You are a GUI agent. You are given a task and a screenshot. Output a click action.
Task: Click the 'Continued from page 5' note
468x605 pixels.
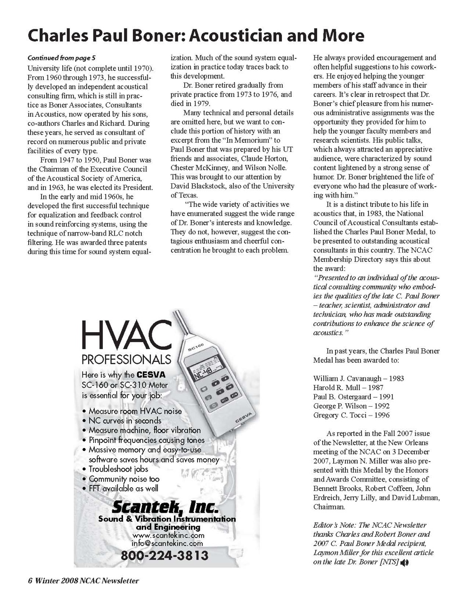click(x=61, y=58)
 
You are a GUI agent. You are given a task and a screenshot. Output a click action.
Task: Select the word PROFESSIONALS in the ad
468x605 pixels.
click(x=126, y=360)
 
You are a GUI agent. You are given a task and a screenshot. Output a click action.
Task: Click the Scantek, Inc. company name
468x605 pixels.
click(x=165, y=507)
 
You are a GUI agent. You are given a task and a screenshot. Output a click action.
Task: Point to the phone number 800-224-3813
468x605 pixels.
click(x=164, y=556)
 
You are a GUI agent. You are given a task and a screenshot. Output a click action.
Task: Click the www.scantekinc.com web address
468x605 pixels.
click(x=168, y=535)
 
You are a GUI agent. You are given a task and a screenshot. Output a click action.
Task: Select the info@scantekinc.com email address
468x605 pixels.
click(x=167, y=543)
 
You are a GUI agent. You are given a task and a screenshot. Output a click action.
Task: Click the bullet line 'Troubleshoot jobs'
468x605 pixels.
click(x=118, y=469)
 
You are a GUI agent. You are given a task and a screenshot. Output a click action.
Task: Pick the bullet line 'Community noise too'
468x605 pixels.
click(x=124, y=479)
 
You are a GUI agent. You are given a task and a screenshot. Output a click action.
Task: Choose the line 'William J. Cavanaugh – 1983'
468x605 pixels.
click(x=358, y=378)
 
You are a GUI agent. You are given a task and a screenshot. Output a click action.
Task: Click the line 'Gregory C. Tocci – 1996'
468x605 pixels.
click(x=351, y=415)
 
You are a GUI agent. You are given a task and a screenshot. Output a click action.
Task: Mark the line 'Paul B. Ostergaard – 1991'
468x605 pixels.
click(x=353, y=397)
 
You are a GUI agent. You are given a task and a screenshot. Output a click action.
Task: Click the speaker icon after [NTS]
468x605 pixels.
click(x=404, y=562)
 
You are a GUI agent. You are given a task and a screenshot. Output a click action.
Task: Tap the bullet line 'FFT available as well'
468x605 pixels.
click(x=123, y=489)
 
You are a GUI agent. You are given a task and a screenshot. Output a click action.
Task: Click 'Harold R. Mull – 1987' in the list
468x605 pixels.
click(x=348, y=387)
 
